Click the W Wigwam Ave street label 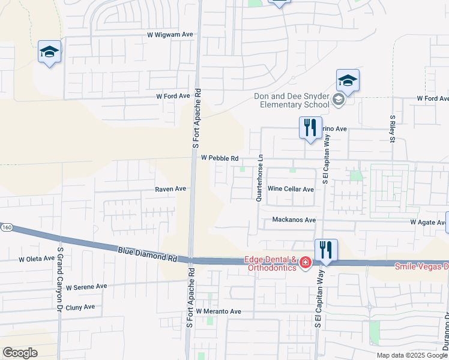tap(170, 35)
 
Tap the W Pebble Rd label tap(220, 158)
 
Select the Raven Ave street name tap(170, 188)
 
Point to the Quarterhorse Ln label tap(261, 179)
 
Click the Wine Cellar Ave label tap(291, 189)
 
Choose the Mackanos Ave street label tap(294, 220)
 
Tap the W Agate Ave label tap(428, 222)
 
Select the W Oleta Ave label tap(37, 259)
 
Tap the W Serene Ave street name tap(86, 287)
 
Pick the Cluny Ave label tap(80, 307)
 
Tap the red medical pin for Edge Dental tap(305, 263)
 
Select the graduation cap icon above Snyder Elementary tap(348, 80)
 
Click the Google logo tap(20, 352)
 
